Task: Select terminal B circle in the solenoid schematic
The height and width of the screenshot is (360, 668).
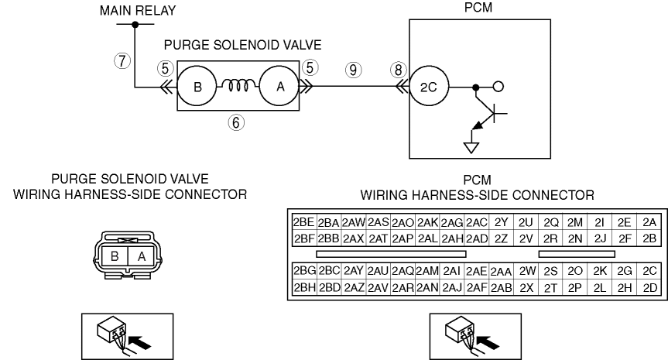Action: (x=197, y=87)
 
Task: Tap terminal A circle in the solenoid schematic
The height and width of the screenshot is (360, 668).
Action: (x=278, y=87)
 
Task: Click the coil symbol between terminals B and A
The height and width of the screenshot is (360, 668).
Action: (x=238, y=87)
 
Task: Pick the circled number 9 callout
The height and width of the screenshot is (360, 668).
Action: (x=355, y=69)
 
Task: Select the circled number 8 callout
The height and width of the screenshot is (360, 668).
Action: (x=398, y=69)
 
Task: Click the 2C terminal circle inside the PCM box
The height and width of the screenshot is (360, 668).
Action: (x=428, y=87)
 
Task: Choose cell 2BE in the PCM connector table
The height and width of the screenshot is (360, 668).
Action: (x=303, y=222)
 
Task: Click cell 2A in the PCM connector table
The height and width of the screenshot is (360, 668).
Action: (x=649, y=222)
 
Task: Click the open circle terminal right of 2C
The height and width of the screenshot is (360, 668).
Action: (x=498, y=87)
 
